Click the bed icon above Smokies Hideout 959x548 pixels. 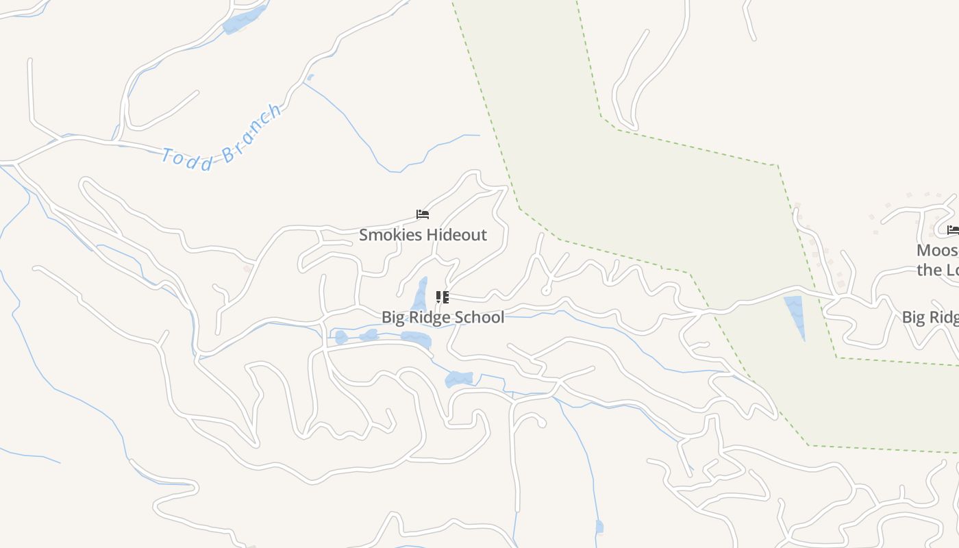[x=423, y=214]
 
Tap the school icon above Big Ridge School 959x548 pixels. [x=442, y=297]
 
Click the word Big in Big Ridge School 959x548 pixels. [x=393, y=317]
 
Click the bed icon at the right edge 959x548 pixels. [x=953, y=230]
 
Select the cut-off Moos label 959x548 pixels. [x=938, y=251]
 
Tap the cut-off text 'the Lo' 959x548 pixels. [x=938, y=270]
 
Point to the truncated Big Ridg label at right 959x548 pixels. [x=930, y=317]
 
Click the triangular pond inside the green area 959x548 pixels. [x=795, y=313]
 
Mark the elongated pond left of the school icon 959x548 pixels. [x=420, y=296]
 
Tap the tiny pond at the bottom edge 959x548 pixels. [x=599, y=526]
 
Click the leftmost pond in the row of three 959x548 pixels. [x=341, y=337]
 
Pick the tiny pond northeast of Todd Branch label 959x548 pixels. [x=310, y=77]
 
